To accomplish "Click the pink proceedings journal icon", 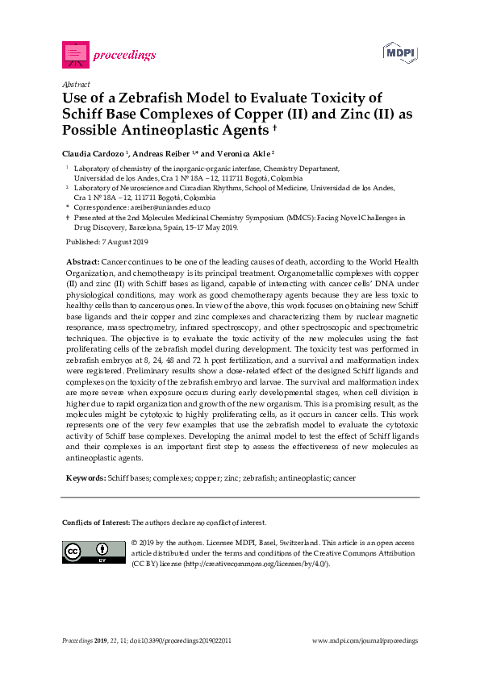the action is tap(75, 54).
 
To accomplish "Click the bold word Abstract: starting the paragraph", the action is tap(81, 263).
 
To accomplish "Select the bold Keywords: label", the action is tap(85, 478).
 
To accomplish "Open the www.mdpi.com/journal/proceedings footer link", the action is tap(365, 640).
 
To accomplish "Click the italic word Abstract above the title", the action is tap(75, 83).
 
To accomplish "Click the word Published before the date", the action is tap(81, 242).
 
